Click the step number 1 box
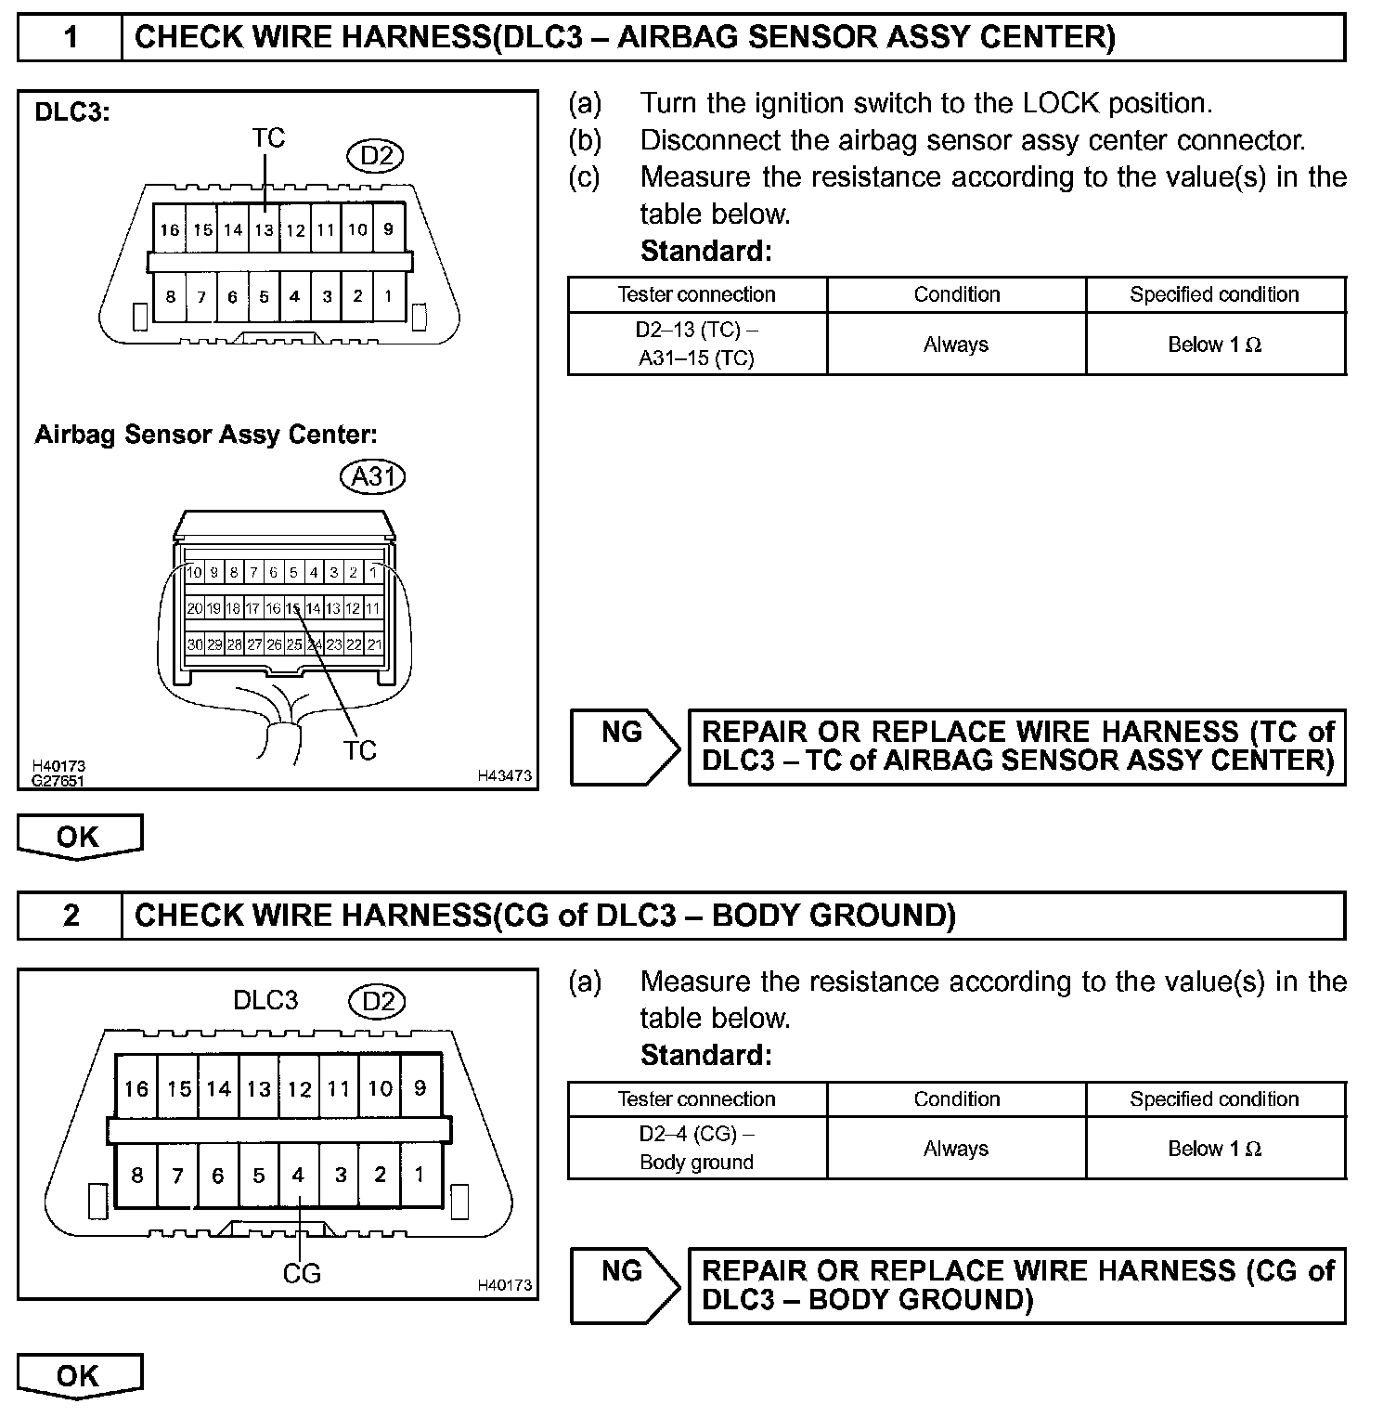[71, 38]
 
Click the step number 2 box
[71, 916]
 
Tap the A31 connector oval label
[373, 476]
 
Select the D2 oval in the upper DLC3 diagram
[376, 155]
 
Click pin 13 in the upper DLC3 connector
[265, 230]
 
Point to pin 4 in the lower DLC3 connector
[298, 1176]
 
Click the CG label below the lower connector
[302, 1273]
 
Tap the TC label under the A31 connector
[359, 750]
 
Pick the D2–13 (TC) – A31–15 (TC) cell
[696, 344]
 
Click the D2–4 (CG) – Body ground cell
[696, 1148]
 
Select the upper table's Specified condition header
[1214, 294]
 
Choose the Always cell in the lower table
[956, 1149]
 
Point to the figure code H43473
[505, 775]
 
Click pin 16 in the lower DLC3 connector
[136, 1088]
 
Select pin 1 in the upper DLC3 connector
[388, 297]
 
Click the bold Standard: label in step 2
[706, 1055]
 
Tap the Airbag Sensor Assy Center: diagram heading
[206, 434]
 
